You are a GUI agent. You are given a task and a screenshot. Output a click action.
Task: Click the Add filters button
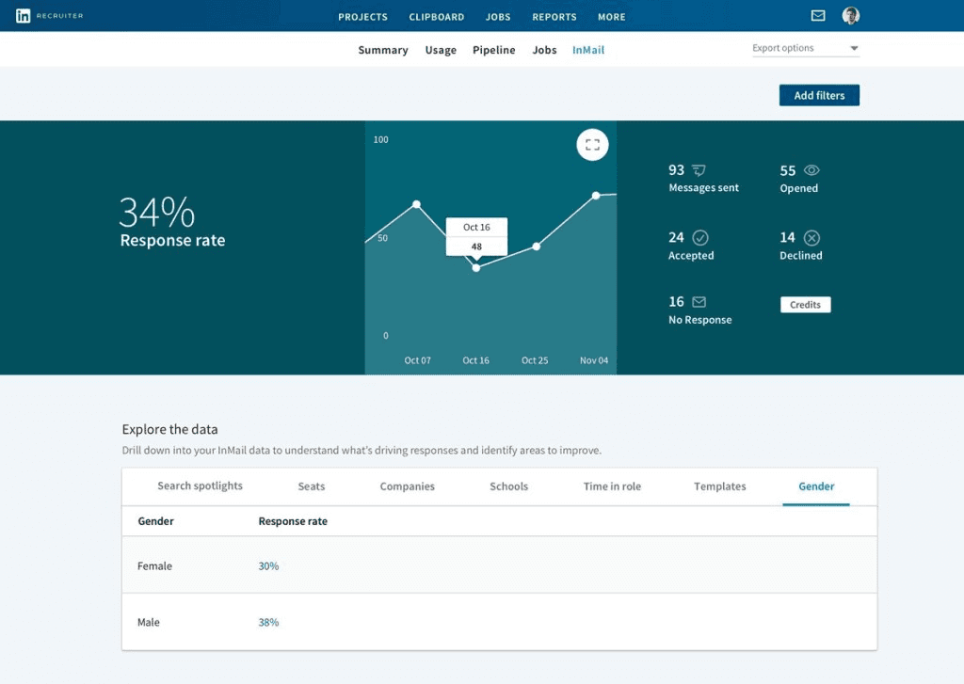819,95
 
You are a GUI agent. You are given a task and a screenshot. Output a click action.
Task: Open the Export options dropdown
806,48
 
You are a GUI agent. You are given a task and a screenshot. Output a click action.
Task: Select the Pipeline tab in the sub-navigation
493,50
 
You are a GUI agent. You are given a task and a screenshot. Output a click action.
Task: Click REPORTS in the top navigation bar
554,17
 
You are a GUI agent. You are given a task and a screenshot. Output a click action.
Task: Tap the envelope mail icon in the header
818,15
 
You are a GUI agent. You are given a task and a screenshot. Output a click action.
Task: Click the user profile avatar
850,15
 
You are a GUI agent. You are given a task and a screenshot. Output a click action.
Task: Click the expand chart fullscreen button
592,144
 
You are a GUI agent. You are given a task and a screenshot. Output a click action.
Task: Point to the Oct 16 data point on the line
475,268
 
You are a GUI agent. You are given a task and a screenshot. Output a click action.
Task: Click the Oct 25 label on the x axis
535,360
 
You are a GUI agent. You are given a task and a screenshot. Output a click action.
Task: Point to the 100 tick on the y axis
380,139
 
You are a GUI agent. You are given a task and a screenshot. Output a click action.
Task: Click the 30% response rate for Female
268,566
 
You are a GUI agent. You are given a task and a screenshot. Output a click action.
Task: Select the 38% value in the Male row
268,622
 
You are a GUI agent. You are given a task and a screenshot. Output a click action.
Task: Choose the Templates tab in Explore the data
719,486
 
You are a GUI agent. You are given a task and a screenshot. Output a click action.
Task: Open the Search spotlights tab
200,485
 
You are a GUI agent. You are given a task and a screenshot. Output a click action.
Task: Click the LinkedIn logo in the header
23,16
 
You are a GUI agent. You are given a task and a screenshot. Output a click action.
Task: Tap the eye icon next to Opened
811,170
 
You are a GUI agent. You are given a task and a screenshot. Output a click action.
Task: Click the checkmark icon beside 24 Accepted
700,237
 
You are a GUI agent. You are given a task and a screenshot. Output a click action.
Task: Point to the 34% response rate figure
157,212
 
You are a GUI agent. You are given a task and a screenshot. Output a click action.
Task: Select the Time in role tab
612,486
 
